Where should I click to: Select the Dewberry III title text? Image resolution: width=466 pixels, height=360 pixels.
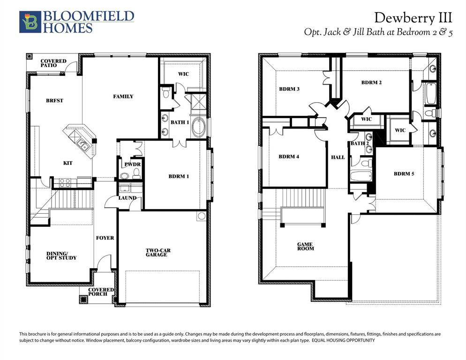413,18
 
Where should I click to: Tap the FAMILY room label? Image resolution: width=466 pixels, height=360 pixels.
123,97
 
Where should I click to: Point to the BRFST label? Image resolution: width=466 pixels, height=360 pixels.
55,100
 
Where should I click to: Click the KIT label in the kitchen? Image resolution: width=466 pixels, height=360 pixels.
68,163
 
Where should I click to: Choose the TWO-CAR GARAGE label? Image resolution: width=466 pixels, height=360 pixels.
158,253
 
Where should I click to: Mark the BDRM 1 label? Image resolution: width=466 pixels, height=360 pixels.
179,177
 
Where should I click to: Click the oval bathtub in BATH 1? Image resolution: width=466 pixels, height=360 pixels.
199,127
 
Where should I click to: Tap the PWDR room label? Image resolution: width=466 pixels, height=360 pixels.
129,165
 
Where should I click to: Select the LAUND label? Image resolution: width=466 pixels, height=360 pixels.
127,198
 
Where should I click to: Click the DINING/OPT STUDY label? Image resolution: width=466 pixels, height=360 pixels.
61,255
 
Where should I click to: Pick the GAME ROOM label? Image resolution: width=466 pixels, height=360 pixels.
305,246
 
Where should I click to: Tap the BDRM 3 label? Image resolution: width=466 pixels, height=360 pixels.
289,89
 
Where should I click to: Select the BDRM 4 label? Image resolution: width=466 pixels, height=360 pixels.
289,157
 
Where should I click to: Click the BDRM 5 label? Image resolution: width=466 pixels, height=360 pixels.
404,173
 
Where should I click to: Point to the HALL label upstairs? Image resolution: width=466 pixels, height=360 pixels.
338,157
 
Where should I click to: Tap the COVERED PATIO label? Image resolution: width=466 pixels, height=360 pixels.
53,63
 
